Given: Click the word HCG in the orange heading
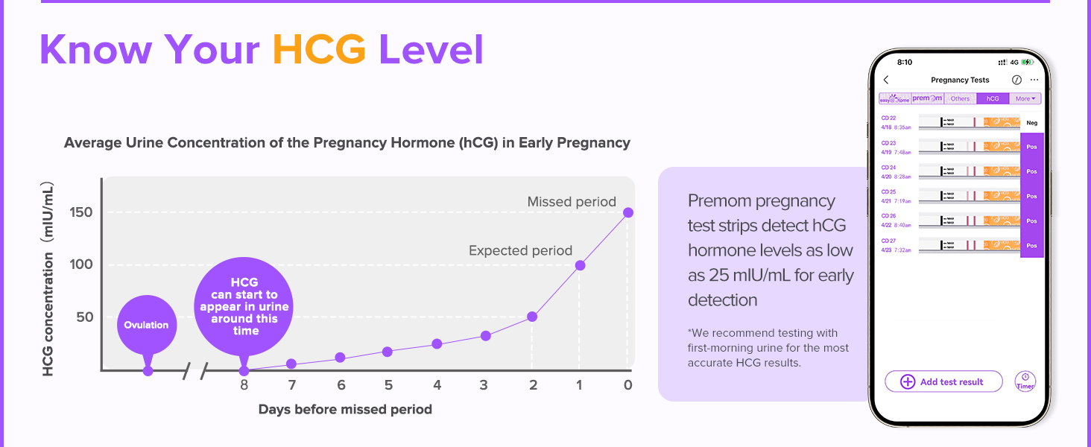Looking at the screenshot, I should click(319, 49).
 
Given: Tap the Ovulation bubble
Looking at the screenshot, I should click(147, 325).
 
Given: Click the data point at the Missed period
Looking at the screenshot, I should click(628, 212).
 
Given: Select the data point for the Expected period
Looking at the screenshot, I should click(580, 265).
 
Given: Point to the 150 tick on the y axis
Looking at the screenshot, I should click(80, 212).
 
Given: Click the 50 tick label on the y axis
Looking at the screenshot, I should click(84, 317).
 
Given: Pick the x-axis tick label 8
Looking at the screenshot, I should click(244, 385).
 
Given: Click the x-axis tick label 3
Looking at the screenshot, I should click(484, 385).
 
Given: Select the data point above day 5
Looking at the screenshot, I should click(388, 352).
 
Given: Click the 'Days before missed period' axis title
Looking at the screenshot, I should click(345, 409).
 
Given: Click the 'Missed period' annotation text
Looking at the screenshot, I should click(572, 202).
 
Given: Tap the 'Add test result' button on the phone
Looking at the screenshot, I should click(943, 381).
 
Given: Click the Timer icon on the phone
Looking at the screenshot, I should click(1025, 381).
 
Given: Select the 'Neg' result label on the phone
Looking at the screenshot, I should click(1031, 123).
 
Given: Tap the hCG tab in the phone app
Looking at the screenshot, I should click(993, 98).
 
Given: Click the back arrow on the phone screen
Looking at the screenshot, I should click(886, 80).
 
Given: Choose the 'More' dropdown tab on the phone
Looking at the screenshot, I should click(1025, 98).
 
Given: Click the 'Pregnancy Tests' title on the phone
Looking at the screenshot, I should click(960, 80).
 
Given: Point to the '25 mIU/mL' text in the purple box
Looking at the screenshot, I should click(746, 275).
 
